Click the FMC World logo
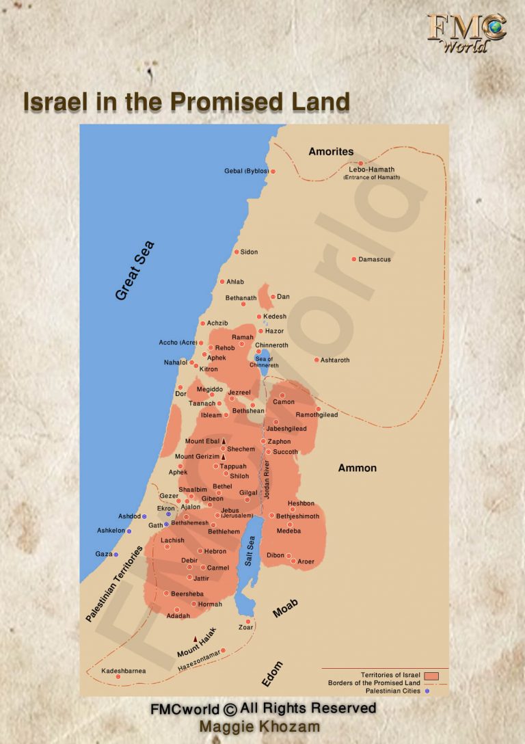point(467,32)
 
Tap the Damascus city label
point(375,260)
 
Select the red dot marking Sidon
point(237,252)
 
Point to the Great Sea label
point(135,271)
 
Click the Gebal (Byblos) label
point(246,171)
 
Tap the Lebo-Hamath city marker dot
point(361,163)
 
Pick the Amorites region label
point(331,152)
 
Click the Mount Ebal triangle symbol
point(224,442)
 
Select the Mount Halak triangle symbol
point(196,639)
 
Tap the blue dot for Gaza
point(116,555)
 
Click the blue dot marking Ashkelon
point(129,531)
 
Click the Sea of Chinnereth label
point(264,362)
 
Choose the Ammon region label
point(358,468)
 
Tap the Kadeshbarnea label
point(124,671)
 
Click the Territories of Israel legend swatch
point(431,675)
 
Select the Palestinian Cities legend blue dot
point(427,691)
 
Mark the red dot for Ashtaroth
point(317,360)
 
